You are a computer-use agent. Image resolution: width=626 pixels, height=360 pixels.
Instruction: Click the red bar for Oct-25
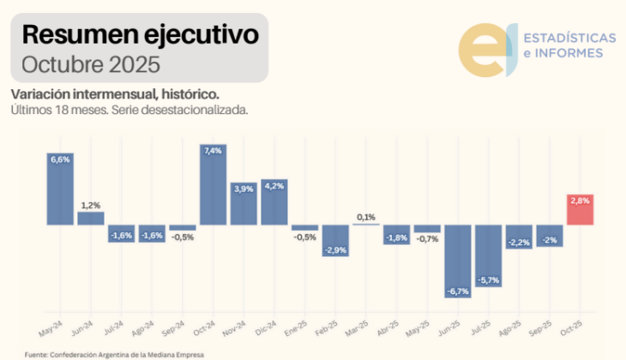coord(581,210)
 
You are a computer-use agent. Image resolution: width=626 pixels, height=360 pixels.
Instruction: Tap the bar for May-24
coord(60,189)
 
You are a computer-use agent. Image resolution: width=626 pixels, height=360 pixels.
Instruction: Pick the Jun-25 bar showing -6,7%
coord(458,261)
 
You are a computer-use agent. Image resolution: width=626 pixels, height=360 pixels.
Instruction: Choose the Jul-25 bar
coord(488,255)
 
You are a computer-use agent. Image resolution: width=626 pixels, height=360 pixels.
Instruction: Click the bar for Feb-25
coord(335,240)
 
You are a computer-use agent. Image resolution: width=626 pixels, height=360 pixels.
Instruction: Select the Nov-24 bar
coord(244,204)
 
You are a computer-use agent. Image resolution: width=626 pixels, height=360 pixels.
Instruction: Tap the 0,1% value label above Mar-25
coord(365,217)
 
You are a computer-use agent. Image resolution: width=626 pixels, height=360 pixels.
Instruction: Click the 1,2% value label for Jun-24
coord(91,205)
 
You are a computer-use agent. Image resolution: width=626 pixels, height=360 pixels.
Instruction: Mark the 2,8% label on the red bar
coord(581,200)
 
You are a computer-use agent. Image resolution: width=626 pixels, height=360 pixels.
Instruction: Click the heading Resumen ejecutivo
coord(140,36)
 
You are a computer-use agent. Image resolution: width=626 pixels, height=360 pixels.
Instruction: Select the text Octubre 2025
coord(91,64)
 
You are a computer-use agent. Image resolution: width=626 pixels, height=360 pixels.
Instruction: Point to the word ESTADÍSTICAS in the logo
coord(569,39)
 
